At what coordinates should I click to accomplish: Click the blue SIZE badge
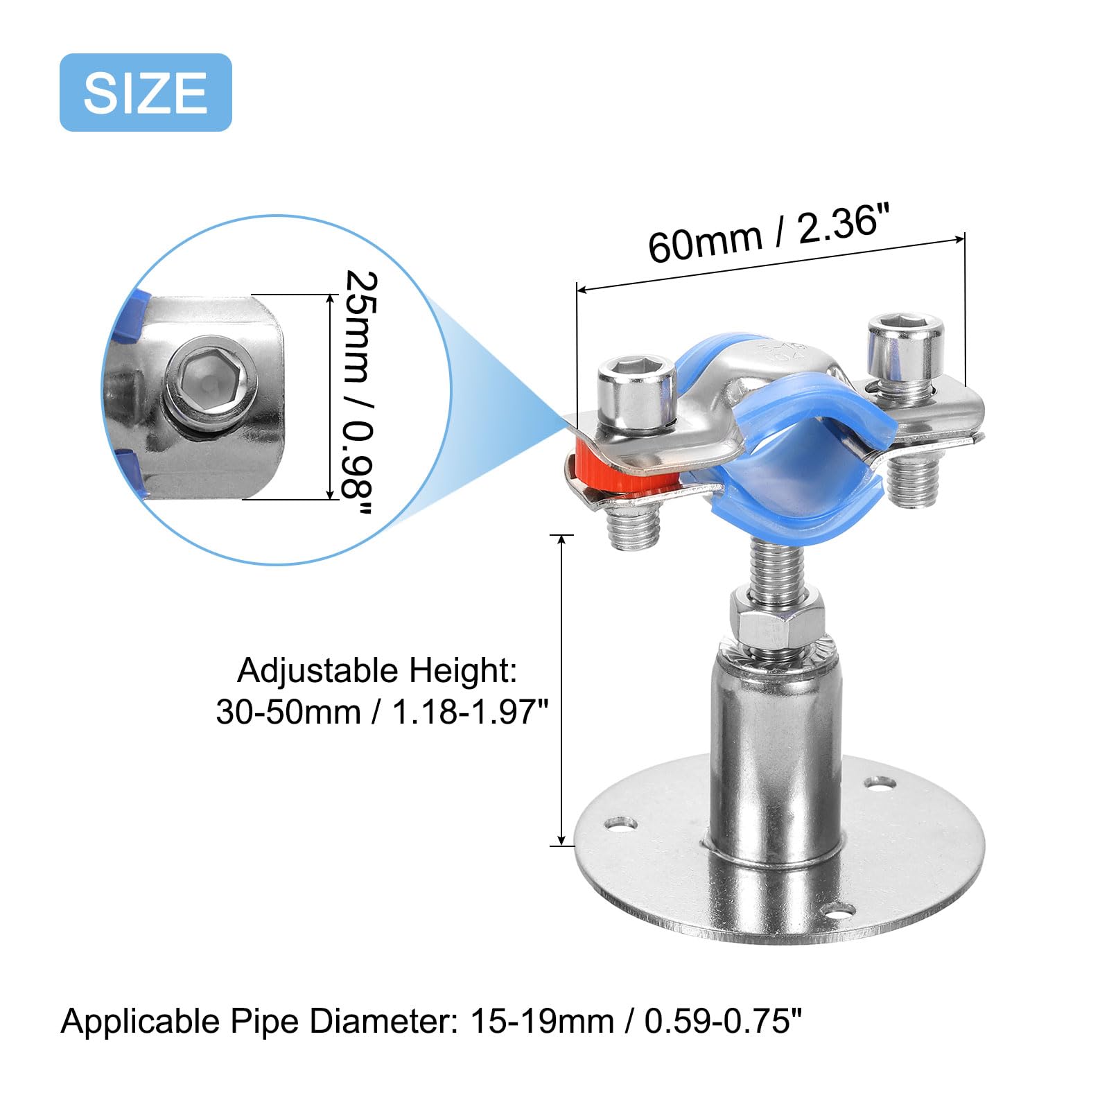(146, 92)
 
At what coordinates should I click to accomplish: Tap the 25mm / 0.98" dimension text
(361, 393)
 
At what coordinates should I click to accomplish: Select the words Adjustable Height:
(377, 671)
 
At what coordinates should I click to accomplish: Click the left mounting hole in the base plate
(620, 824)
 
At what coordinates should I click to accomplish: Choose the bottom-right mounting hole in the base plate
(837, 910)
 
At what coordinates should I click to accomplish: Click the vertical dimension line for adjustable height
(561, 690)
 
